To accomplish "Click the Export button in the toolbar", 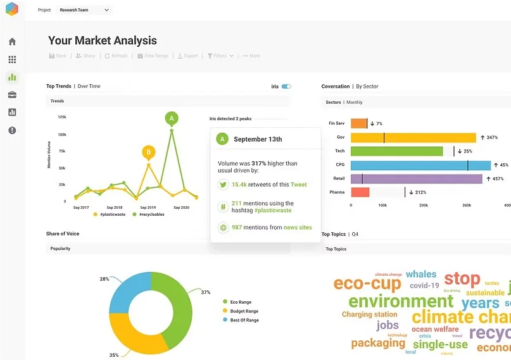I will [x=187, y=56].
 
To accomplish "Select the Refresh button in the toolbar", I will [x=116, y=56].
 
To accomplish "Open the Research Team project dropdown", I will [x=84, y=10].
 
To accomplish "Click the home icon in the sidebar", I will [x=12, y=42].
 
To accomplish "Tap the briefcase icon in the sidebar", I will [x=12, y=95].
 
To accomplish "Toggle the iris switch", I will [x=286, y=86].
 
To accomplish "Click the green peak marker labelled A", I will [x=171, y=118].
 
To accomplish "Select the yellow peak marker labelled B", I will [x=148, y=152].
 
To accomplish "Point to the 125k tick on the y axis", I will [x=62, y=117].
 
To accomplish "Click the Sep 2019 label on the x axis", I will [x=148, y=208].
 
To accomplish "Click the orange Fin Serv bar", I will [x=358, y=123].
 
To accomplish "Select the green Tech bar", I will [x=396, y=151].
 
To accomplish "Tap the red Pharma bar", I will [x=360, y=192].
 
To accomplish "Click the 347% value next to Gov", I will [x=488, y=137].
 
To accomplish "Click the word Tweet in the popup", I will [x=298, y=185].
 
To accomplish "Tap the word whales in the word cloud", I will [x=421, y=274].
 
